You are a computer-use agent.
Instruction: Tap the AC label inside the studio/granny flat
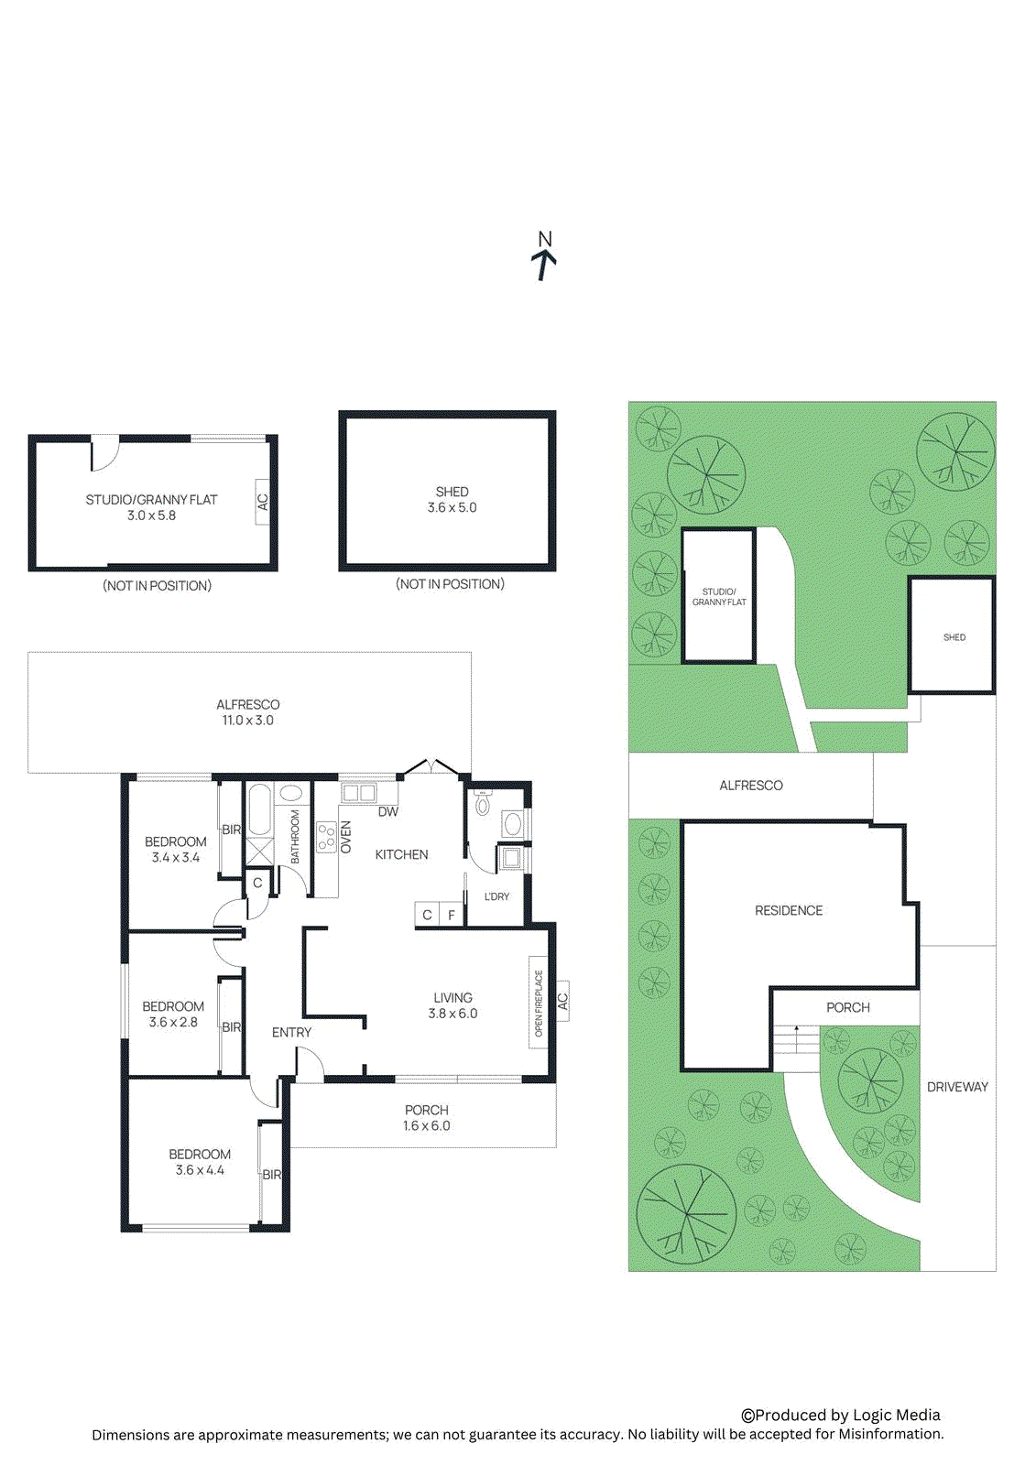pyautogui.click(x=263, y=502)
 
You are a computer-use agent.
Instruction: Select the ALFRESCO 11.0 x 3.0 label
pyautogui.click(x=247, y=712)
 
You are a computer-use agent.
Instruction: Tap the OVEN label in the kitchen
pyautogui.click(x=346, y=837)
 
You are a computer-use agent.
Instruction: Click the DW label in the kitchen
pyautogui.click(x=388, y=811)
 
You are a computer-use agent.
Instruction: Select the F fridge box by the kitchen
pyautogui.click(x=452, y=915)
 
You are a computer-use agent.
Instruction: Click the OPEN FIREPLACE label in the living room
pyautogui.click(x=539, y=1004)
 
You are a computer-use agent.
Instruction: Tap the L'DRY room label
pyautogui.click(x=496, y=896)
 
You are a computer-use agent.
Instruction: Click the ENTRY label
pyautogui.click(x=291, y=1032)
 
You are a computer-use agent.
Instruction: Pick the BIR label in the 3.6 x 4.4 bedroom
pyautogui.click(x=272, y=1175)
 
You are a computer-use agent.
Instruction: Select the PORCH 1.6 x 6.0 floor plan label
pyautogui.click(x=426, y=1118)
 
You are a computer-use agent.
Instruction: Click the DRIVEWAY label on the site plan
pyautogui.click(x=957, y=1087)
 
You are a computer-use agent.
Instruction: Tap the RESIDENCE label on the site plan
pyautogui.click(x=789, y=910)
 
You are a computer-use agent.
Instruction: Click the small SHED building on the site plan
pyautogui.click(x=953, y=635)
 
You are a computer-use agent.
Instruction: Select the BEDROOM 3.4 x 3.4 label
pyautogui.click(x=175, y=850)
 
